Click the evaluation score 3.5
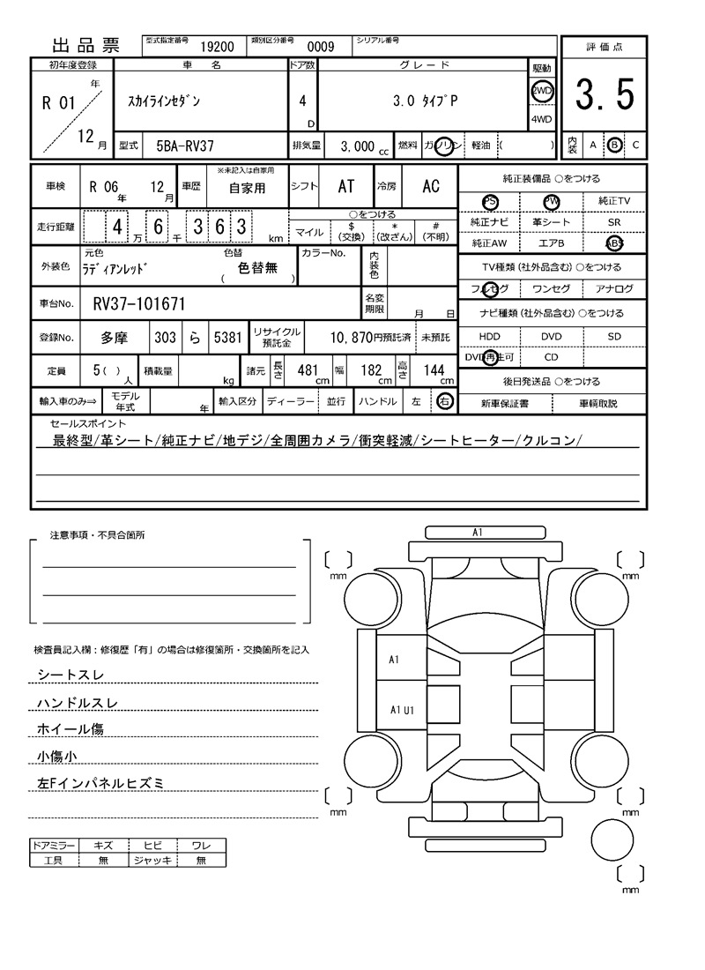tap(605, 95)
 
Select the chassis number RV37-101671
tap(139, 305)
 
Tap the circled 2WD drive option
tap(541, 91)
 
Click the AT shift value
tap(345, 187)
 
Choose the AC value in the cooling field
tap(431, 187)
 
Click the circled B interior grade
tap(615, 145)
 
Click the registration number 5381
tap(226, 338)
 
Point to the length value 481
tap(308, 371)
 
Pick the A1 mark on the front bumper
tap(478, 533)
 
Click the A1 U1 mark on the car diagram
tap(403, 710)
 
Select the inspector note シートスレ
tap(70, 675)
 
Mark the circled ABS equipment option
tap(614, 243)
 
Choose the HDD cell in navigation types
tap(489, 337)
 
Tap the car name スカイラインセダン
tap(160, 101)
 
